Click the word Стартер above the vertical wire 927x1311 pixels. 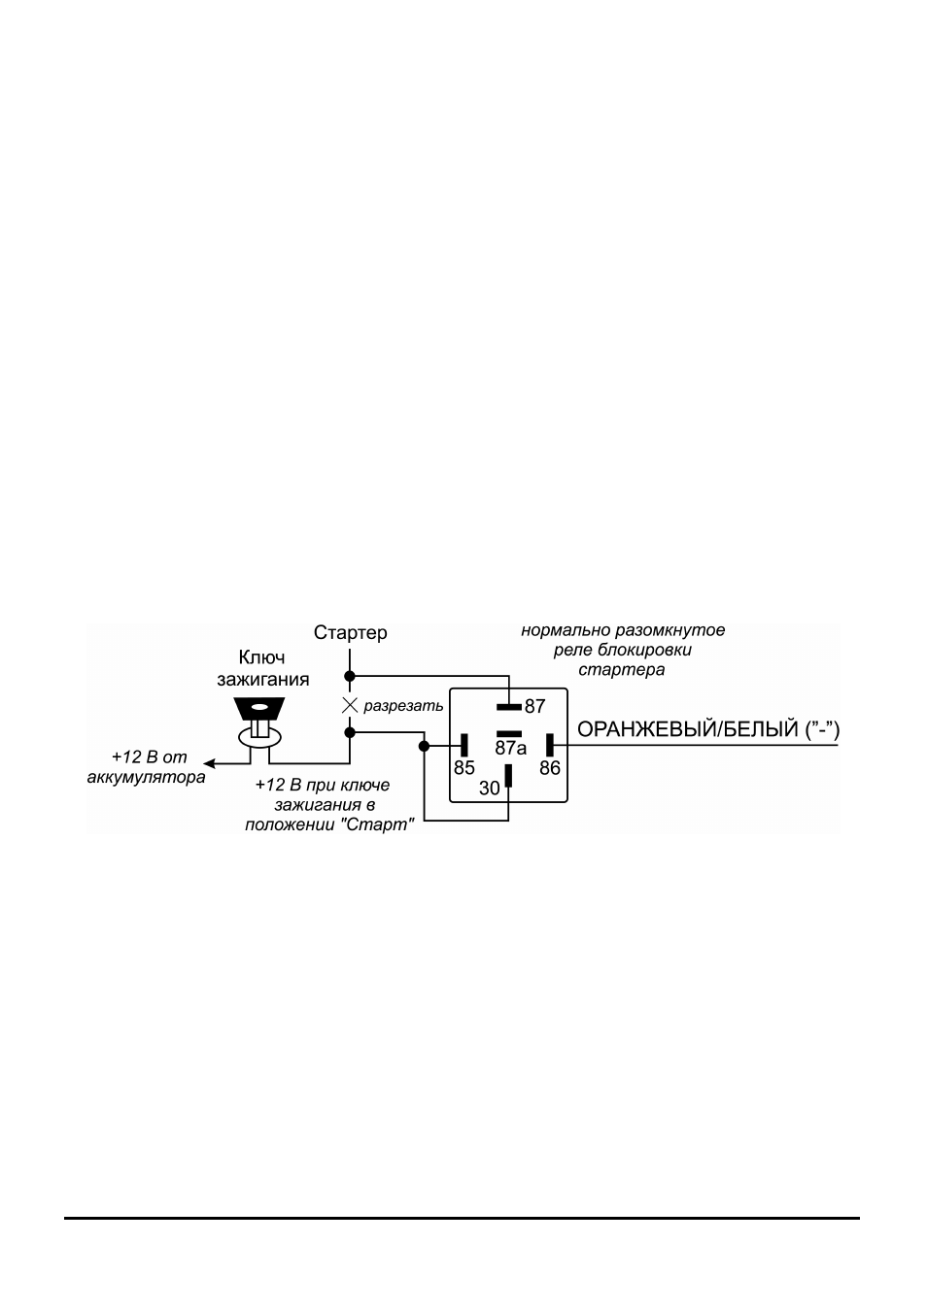350,632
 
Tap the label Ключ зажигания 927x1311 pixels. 263,668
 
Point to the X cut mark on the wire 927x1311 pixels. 350,705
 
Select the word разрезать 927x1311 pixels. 403,706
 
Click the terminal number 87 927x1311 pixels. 534,706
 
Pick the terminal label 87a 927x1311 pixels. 511,748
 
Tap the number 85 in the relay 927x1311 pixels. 464,768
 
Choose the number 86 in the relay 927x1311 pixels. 550,768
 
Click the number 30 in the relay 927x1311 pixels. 490,789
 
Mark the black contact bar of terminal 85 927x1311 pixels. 464,745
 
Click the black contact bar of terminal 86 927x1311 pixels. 550,745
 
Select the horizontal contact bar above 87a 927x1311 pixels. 509,734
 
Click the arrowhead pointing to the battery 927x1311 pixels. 209,763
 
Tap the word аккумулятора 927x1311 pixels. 147,778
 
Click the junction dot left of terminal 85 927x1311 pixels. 424,746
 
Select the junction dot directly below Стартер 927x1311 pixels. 350,676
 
